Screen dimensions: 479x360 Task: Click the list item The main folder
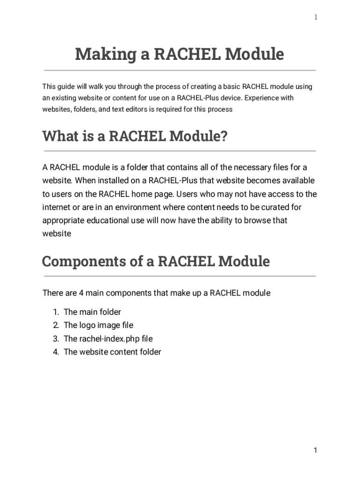92,312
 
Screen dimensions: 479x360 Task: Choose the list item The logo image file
98,325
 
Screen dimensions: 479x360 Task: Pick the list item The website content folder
112,352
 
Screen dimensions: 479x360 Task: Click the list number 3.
56,339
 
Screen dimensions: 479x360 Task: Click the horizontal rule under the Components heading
180,276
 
